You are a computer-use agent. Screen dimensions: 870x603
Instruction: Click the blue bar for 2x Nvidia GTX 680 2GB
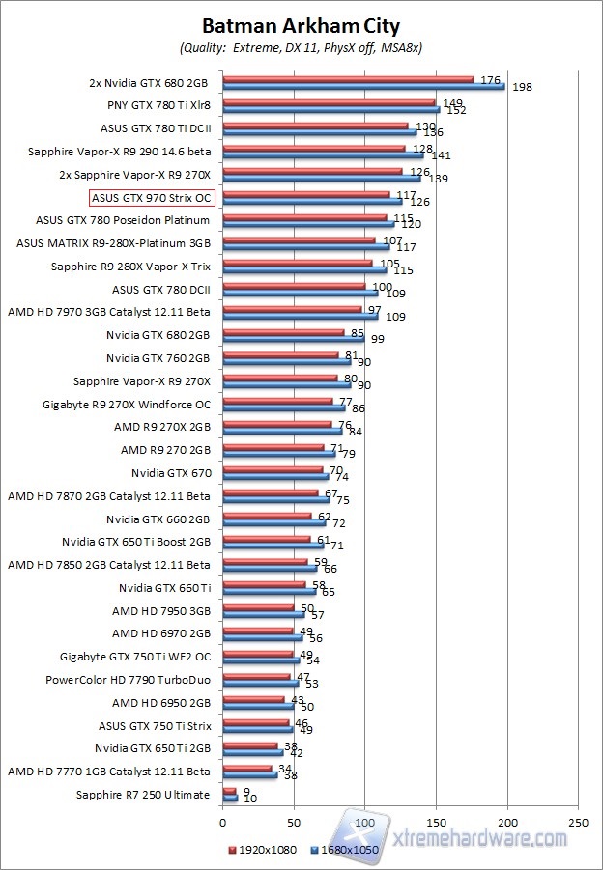[363, 86]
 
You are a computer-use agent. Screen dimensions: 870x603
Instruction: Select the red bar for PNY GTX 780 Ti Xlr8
[329, 101]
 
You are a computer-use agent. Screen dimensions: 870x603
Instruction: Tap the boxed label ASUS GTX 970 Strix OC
[151, 197]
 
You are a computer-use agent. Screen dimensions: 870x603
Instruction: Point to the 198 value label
[523, 88]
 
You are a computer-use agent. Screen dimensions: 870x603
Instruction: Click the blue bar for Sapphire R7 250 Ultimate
[230, 798]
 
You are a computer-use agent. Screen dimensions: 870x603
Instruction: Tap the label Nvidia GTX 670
[170, 473]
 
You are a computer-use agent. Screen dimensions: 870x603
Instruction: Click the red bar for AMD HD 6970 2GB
[257, 631]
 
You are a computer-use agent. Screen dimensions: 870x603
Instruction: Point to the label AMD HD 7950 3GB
[160, 610]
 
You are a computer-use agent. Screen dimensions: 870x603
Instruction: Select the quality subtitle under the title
[300, 47]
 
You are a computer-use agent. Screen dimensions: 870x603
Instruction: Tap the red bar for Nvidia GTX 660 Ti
[264, 584]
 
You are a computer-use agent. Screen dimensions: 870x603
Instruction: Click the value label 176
[490, 79]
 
